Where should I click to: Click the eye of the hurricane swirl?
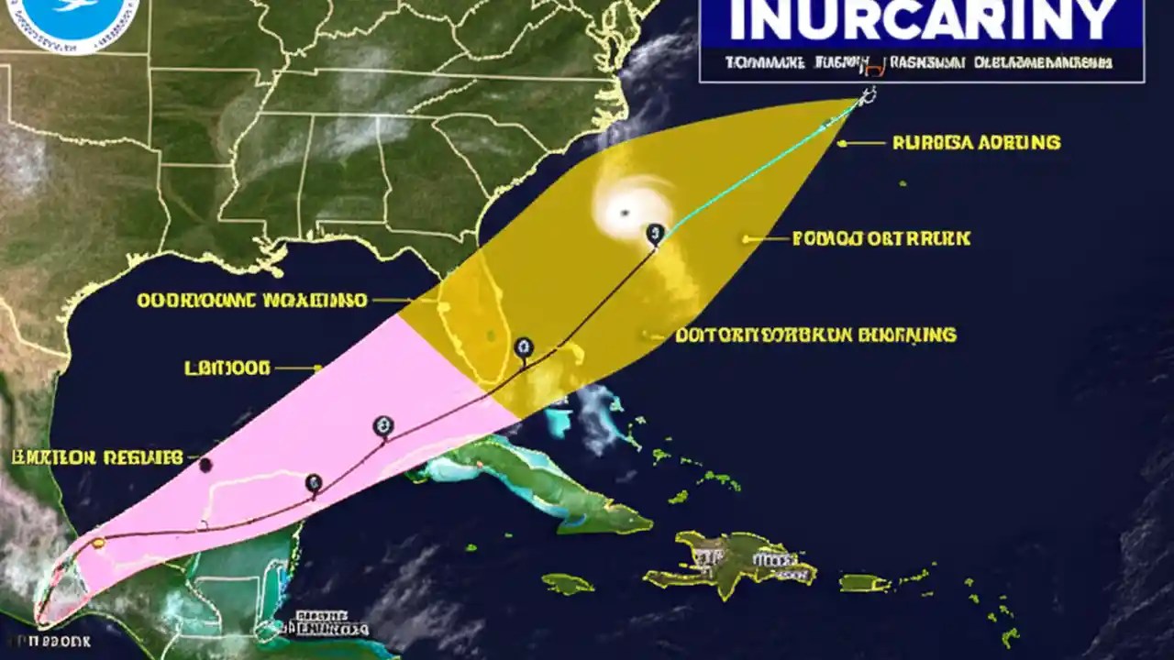tap(625, 212)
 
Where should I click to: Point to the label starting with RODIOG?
tap(880, 239)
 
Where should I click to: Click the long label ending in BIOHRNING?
tap(815, 335)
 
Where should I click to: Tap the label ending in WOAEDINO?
tap(252, 300)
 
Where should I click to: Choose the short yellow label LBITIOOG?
tap(227, 368)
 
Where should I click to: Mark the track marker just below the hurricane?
tap(654, 234)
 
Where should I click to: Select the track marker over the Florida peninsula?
tap(524, 347)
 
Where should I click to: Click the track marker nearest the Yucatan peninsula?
tap(314, 483)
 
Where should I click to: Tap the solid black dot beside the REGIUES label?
tap(205, 466)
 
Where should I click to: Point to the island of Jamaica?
tap(568, 583)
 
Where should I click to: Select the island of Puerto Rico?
tap(865, 582)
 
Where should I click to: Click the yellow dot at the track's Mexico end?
tap(98, 543)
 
